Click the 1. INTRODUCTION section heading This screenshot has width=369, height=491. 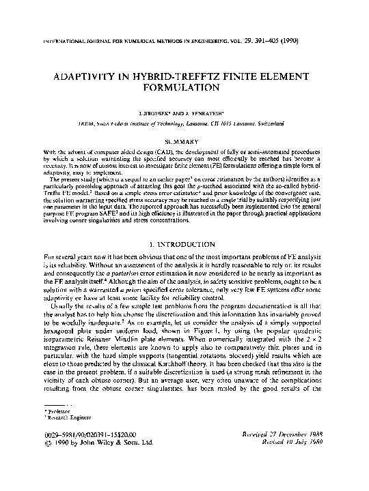tap(184, 243)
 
